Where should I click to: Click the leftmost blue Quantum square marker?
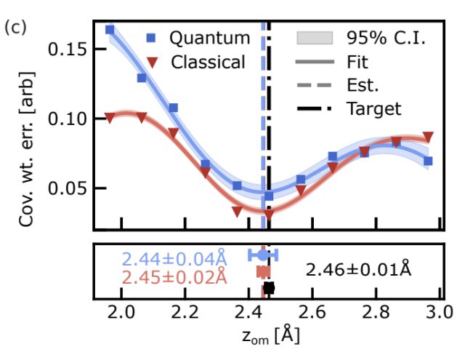pyautogui.click(x=110, y=30)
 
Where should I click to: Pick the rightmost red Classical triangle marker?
pyautogui.click(x=429, y=137)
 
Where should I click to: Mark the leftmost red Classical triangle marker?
pyautogui.click(x=110, y=117)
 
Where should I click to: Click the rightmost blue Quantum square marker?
pyautogui.click(x=428, y=161)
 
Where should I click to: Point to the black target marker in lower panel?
pyautogui.click(x=269, y=288)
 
